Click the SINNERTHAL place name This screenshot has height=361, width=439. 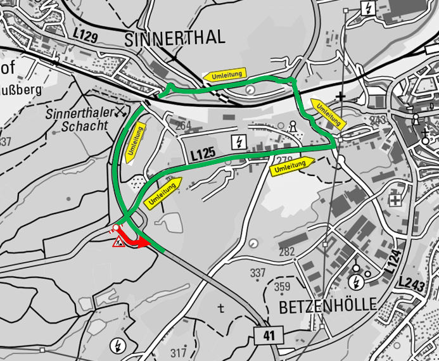pos(175,37)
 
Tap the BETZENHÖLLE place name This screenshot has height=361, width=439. pos(327,305)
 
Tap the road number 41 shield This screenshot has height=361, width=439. pos(267,335)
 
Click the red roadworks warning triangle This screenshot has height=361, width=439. pos(118,241)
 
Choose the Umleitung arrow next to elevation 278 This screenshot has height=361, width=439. pos(292,166)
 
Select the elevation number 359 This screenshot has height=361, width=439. pos(283,287)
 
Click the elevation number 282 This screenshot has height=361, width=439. pos(287,252)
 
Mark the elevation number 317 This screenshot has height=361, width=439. pos(179,353)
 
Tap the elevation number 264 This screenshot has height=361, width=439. pos(182,125)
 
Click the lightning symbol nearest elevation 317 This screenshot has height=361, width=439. pos(117,345)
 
